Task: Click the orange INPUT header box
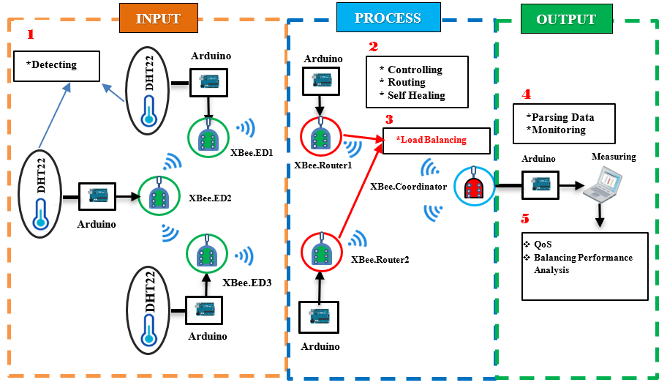[158, 18]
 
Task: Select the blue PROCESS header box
[388, 18]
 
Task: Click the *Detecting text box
[56, 66]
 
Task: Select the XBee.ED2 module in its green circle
[158, 196]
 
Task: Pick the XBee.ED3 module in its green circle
[208, 253]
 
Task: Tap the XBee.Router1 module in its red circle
[320, 137]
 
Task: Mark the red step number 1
[30, 34]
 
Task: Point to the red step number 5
[525, 218]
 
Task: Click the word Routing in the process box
[407, 83]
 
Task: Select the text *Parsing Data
[560, 117]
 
